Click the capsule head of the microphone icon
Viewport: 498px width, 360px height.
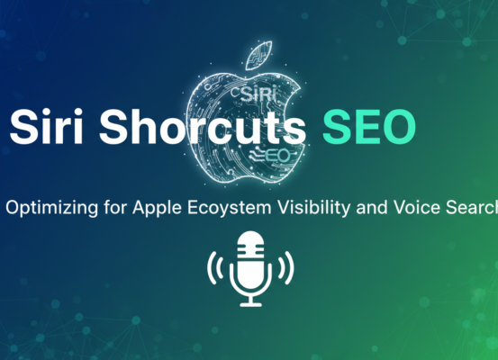(249, 249)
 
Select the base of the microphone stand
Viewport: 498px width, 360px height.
(249, 302)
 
